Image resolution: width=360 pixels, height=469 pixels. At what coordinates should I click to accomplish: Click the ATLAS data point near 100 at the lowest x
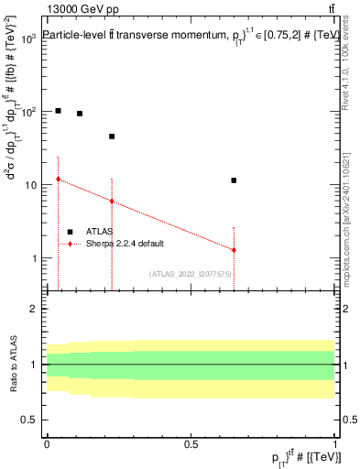tap(58, 111)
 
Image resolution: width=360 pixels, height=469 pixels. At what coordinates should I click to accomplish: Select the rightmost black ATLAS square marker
tap(235, 180)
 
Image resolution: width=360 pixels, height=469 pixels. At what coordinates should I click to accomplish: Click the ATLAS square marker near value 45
tap(112, 136)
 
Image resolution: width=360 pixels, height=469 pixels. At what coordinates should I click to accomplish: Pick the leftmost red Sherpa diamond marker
tap(58, 180)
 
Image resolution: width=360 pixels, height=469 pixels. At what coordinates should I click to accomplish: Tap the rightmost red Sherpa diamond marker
tap(235, 250)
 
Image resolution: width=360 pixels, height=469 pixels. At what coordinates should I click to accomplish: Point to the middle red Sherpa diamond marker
tap(112, 202)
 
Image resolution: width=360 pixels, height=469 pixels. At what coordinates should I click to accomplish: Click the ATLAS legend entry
tap(98, 232)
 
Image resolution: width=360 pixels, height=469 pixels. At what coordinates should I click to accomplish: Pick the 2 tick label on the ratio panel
tap(34, 309)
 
